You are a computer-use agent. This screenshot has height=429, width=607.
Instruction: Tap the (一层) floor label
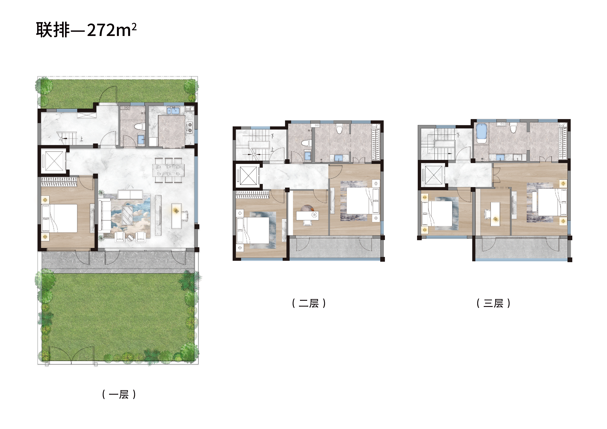click(119, 394)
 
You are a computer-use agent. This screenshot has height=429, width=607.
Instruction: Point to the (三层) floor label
click(493, 303)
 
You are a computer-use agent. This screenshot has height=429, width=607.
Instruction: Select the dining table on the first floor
click(168, 170)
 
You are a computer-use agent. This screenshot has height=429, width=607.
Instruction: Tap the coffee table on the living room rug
click(127, 215)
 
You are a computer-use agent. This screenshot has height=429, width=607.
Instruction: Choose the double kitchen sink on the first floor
click(173, 110)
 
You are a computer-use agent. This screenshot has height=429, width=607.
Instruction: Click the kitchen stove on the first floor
click(190, 128)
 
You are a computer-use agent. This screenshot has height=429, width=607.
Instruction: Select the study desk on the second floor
click(307, 215)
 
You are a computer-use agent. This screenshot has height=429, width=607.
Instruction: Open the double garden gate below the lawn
click(71, 355)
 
